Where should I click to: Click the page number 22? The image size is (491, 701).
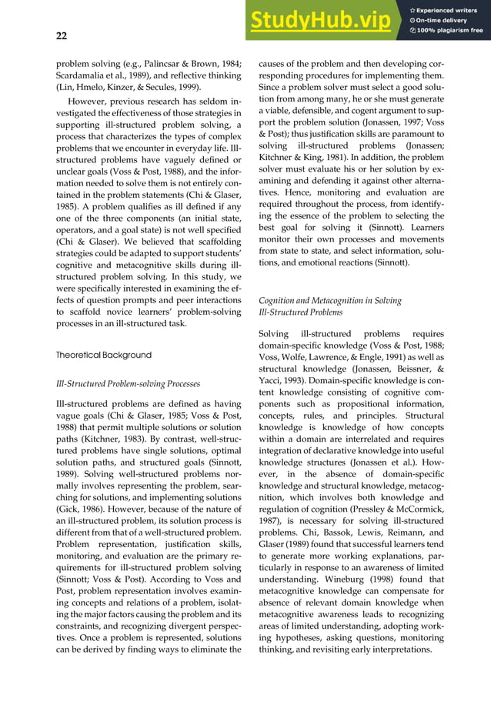click(x=62, y=35)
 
